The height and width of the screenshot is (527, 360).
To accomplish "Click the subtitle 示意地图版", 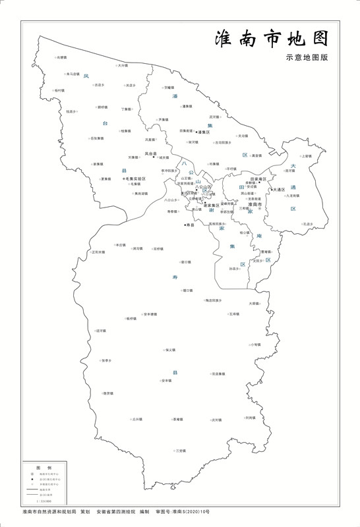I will point(307,57).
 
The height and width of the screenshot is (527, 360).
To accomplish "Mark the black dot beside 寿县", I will point(185,225).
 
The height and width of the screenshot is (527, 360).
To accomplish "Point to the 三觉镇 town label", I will point(181,451).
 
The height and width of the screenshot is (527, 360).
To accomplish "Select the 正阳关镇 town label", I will point(98,252).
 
